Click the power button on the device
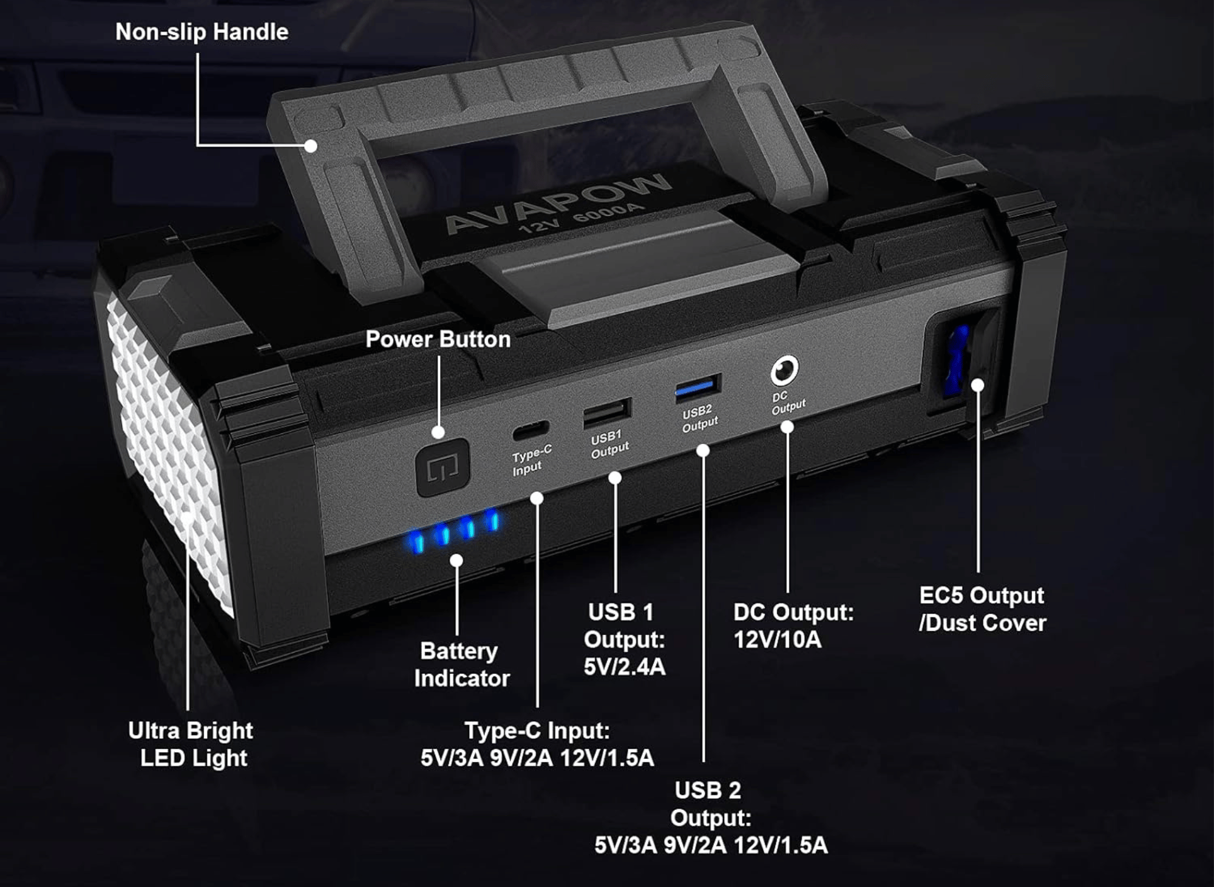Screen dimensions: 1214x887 point(443,467)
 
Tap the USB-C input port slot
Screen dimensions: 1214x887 point(531,430)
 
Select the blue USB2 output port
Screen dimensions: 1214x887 point(698,388)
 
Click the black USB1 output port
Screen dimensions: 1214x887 point(607,413)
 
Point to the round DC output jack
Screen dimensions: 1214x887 point(784,370)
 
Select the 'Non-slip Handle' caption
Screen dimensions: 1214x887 point(202,32)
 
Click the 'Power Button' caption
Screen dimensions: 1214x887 point(438,339)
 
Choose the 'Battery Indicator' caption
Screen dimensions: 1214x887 point(461,664)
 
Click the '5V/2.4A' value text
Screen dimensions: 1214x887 point(625,667)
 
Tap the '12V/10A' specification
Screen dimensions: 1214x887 point(777,639)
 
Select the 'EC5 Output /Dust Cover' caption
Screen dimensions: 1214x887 point(983,609)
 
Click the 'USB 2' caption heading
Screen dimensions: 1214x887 point(708,790)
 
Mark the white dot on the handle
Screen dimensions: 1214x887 point(311,146)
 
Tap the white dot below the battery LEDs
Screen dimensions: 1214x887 point(456,560)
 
